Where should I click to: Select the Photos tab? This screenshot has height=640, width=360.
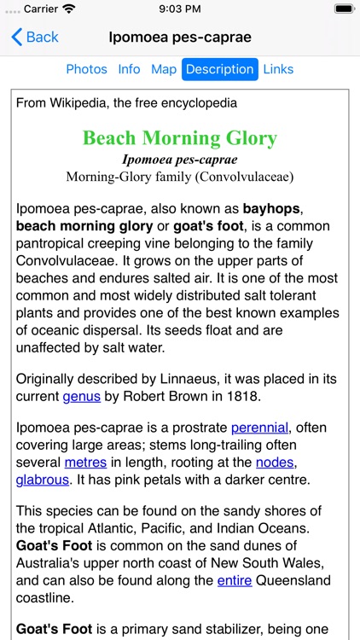pyautogui.click(x=87, y=69)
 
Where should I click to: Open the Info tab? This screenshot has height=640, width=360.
pyautogui.click(x=129, y=69)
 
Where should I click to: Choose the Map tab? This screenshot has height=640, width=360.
pyautogui.click(x=163, y=69)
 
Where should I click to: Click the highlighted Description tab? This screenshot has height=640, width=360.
pyautogui.click(x=219, y=69)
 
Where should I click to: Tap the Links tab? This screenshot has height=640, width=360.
pyautogui.click(x=278, y=69)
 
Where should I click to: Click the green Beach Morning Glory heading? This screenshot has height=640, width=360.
pyautogui.click(x=179, y=138)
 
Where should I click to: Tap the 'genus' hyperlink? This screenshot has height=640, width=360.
pyautogui.click(x=82, y=396)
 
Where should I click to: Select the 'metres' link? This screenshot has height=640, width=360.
pyautogui.click(x=85, y=462)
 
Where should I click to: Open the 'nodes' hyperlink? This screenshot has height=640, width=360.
pyautogui.click(x=276, y=462)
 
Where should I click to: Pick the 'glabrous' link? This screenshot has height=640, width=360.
pyautogui.click(x=42, y=480)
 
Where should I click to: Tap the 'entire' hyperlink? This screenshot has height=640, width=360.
pyautogui.click(x=235, y=580)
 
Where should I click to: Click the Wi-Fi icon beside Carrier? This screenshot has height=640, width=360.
pyautogui.click(x=68, y=9)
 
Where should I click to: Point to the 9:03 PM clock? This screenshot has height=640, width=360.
pyautogui.click(x=179, y=9)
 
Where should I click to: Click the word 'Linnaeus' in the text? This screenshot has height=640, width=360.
pyautogui.click(x=183, y=378)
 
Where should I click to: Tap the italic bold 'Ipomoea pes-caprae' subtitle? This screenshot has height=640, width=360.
pyautogui.click(x=179, y=160)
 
